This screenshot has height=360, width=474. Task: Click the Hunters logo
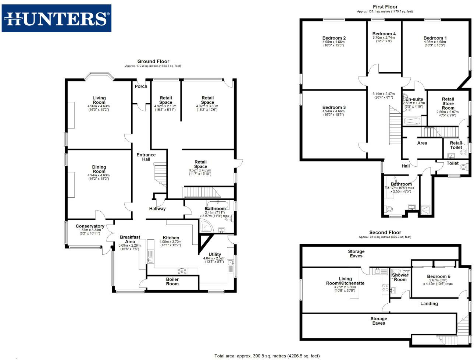57,18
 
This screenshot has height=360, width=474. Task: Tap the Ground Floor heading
153,61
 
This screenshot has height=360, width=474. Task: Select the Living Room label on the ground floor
99,100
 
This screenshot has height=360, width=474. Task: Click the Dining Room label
99,169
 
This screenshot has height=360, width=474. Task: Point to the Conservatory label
90,226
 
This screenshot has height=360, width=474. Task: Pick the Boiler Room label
172,282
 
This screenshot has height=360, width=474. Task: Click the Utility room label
215,254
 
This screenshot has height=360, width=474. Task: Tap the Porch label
141,87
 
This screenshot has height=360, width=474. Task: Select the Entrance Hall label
146,157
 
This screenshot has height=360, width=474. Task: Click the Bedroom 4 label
384,34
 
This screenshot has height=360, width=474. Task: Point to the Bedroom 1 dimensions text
435,44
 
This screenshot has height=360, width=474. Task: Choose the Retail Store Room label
448,103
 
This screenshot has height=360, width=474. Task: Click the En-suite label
414,99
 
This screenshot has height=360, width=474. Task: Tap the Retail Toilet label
456,145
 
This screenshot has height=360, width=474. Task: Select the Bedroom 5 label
438,276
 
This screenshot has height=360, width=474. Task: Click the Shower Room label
400,277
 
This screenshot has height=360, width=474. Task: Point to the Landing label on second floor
429,304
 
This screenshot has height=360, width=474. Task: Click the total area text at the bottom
267,356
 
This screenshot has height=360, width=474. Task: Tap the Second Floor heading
385,233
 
